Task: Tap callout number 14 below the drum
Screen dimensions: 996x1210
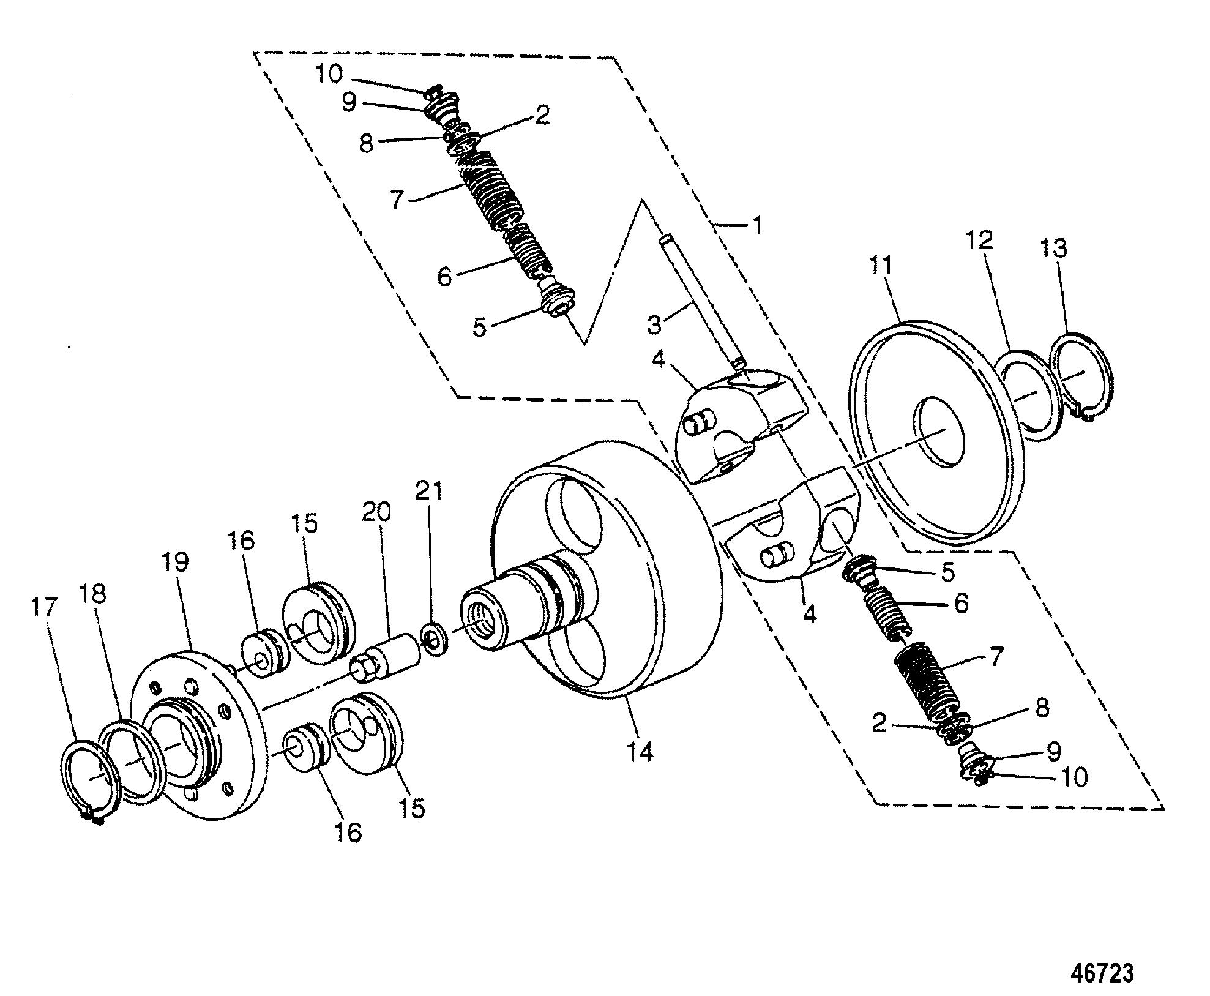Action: (x=638, y=749)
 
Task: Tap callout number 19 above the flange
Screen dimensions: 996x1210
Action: (x=176, y=561)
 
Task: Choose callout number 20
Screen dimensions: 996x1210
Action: (x=376, y=512)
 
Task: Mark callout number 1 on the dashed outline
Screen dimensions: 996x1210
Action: (x=758, y=226)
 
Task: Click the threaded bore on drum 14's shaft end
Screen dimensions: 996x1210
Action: (x=484, y=628)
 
